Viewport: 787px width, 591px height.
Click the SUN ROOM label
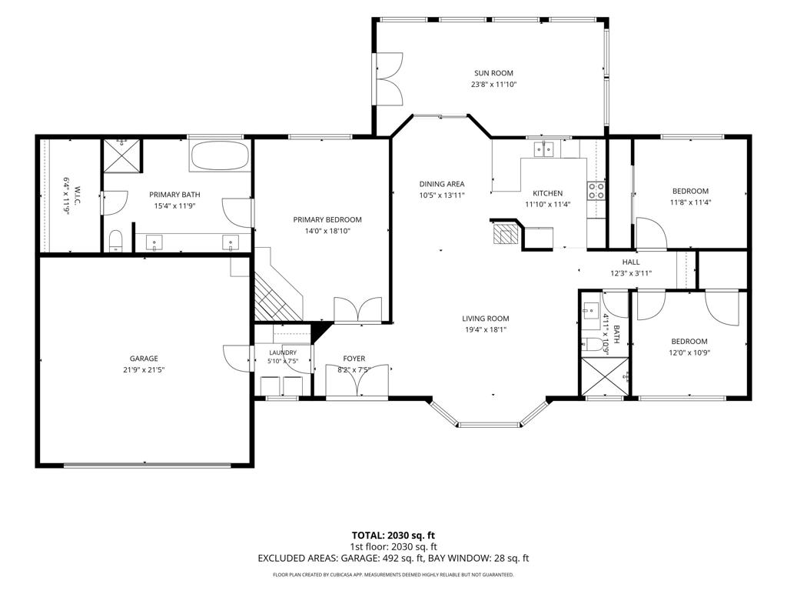click(494, 73)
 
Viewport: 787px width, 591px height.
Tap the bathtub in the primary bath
click(221, 155)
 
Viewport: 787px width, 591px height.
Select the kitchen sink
click(543, 149)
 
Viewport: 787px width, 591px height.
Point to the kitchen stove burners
click(596, 191)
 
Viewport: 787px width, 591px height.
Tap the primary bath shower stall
click(122, 155)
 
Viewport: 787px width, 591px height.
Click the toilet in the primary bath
click(116, 241)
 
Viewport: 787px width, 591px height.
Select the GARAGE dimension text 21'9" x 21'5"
click(144, 370)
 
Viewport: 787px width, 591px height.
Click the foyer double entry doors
click(357, 381)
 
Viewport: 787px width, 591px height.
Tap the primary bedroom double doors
click(358, 309)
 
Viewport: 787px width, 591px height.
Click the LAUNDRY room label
click(283, 352)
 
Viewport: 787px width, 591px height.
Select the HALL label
click(631, 262)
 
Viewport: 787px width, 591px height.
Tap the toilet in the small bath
click(593, 345)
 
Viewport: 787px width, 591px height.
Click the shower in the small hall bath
click(605, 376)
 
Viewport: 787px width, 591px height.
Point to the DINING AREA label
click(442, 184)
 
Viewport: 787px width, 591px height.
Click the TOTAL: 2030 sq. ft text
click(390, 536)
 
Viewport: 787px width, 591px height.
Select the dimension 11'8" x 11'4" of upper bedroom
click(691, 202)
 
